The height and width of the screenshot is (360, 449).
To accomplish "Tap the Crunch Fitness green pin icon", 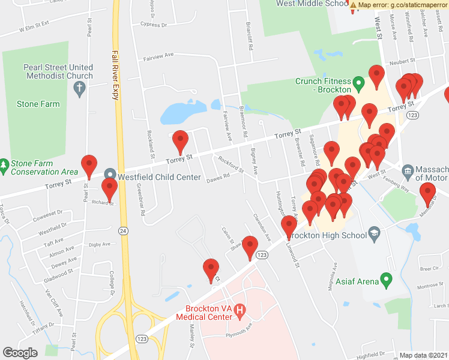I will (359, 82).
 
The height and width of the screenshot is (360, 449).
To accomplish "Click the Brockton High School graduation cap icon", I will (375, 235).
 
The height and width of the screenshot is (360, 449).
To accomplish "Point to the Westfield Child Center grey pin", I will (110, 174).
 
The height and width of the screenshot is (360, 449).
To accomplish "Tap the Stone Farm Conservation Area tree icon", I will (4, 164).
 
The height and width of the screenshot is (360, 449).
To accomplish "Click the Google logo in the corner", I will (20, 352).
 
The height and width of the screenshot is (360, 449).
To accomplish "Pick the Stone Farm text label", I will (39, 104).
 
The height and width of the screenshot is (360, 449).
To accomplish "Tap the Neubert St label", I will (401, 61).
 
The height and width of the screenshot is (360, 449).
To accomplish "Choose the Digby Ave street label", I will (100, 244).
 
